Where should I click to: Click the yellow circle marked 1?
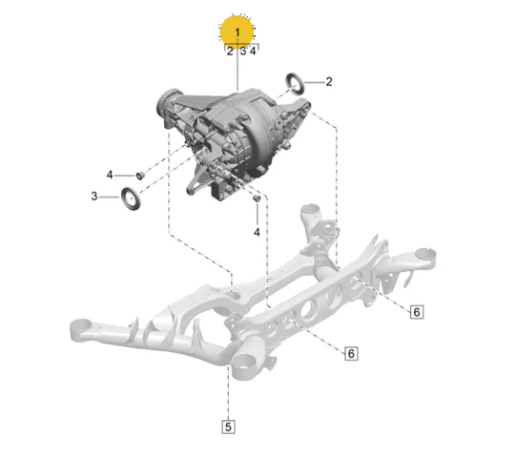pos(237,31)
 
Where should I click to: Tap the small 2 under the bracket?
pos(230,52)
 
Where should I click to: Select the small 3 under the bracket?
pos(243,52)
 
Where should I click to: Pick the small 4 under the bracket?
pos(253,52)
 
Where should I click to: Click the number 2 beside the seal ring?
pos(329,82)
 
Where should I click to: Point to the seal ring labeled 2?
pos(295,84)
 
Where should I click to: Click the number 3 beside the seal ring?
pos(94,197)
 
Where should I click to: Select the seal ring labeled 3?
pos(131,198)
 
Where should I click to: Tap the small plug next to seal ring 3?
pos(140,176)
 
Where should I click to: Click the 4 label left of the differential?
pos(110,175)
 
